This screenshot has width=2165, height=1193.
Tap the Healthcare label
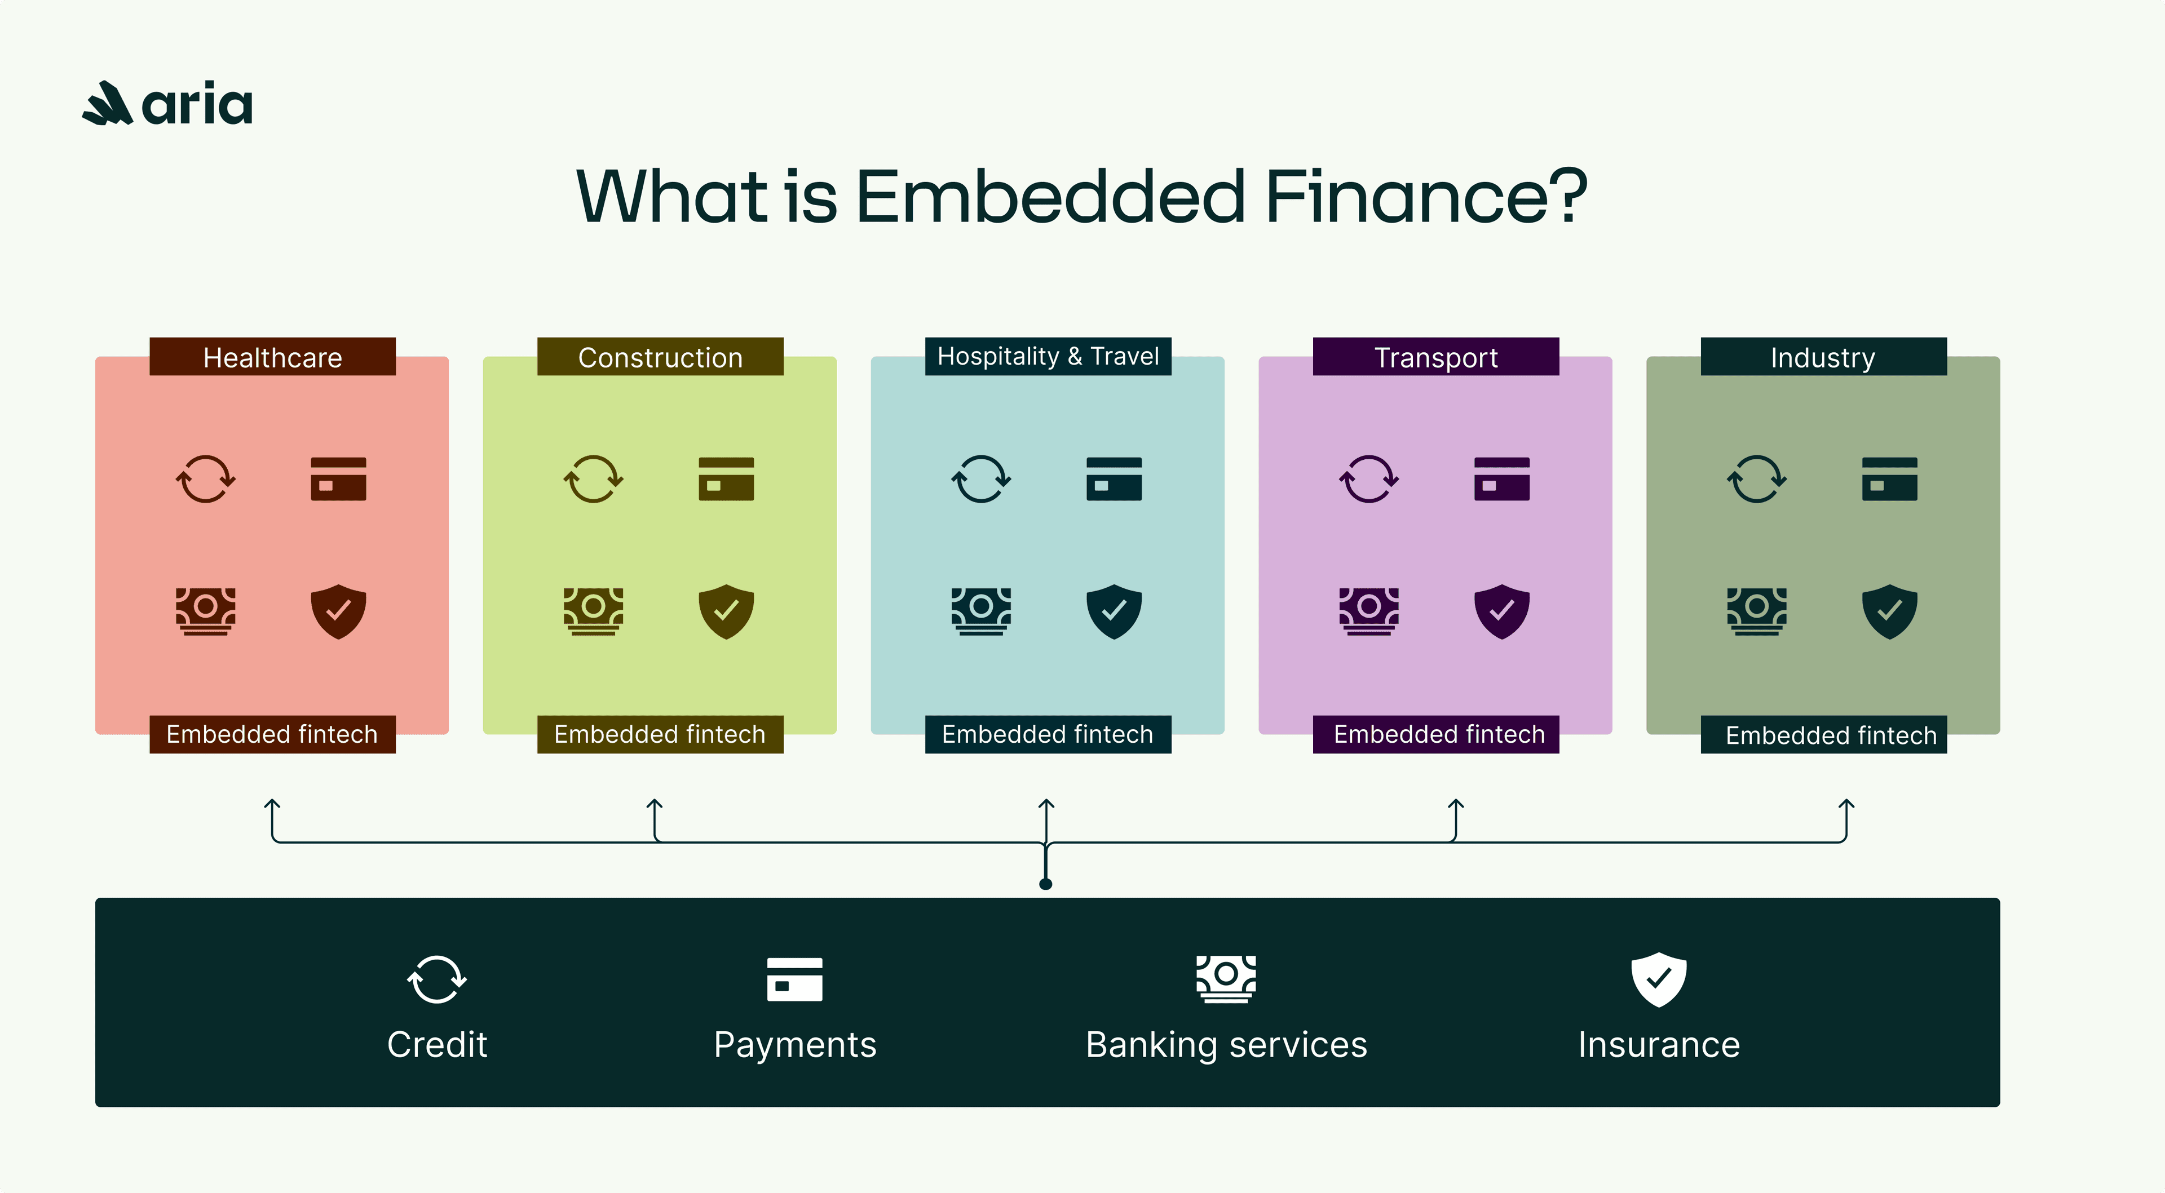(272, 357)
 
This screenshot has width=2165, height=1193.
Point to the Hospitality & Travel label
(1048, 356)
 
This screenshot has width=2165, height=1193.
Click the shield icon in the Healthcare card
(339, 611)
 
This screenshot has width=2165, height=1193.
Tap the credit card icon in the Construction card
(726, 479)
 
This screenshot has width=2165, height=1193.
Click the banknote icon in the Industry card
(1757, 611)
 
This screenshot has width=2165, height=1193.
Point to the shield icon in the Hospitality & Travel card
(1115, 611)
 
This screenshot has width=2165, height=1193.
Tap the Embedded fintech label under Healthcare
(272, 734)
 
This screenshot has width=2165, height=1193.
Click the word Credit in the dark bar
(437, 1044)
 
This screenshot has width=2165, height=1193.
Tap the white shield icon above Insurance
(1659, 979)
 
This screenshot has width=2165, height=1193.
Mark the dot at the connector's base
(1045, 884)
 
